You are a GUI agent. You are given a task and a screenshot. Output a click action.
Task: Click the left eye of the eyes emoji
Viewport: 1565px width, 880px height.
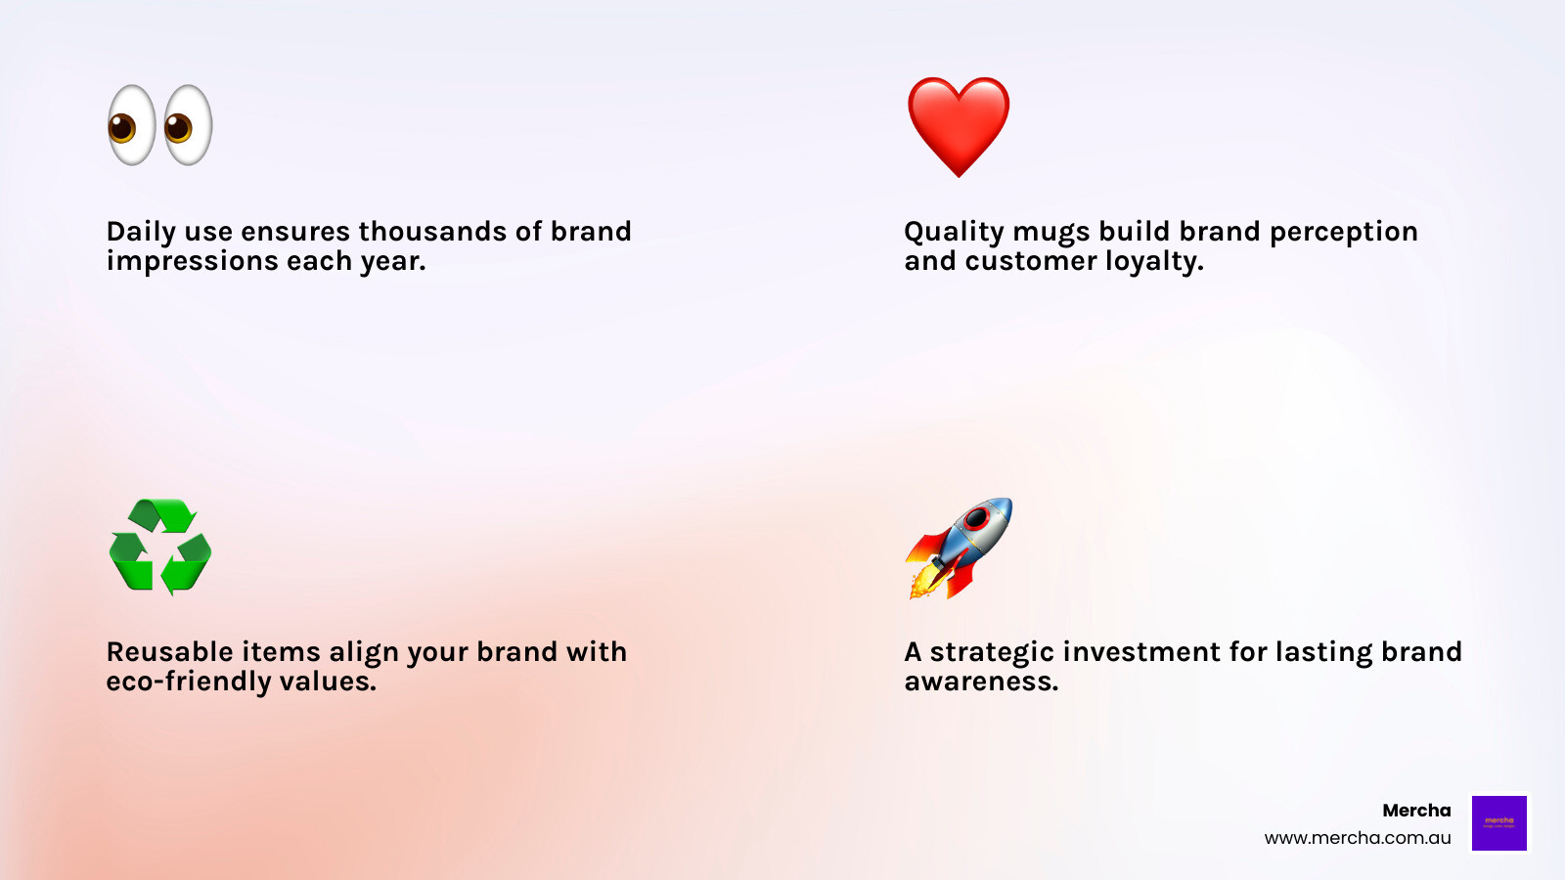[131, 125]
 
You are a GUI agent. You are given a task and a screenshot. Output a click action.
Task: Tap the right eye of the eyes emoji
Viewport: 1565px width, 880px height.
[188, 125]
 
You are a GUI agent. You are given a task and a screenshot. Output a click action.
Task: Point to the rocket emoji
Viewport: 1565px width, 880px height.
[959, 548]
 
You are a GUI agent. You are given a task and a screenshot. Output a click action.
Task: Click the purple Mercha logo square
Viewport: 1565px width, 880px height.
[1498, 822]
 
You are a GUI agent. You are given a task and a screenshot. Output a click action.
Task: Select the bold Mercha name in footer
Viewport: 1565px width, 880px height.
[1416, 811]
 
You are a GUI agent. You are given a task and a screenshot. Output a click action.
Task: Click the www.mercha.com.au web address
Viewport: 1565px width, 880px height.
[1358, 838]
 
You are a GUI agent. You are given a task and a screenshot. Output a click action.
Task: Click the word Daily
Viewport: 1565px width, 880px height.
[141, 232]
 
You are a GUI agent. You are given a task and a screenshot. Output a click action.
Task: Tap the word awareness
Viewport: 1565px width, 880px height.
[981, 682]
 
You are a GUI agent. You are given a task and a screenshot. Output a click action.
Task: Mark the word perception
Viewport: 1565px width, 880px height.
[1343, 232]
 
